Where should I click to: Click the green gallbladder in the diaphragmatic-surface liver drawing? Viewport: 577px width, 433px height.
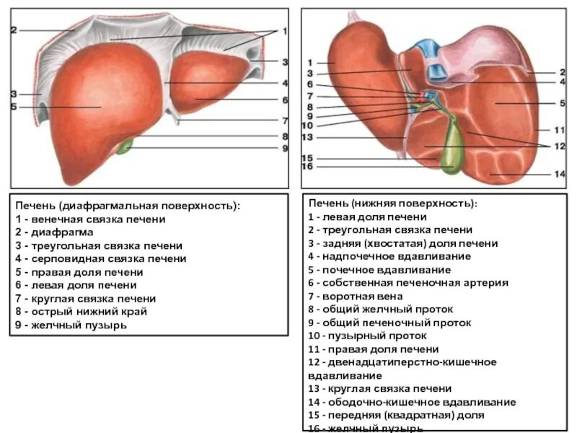click(126, 146)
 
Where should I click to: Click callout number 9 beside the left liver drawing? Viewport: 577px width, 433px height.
click(285, 149)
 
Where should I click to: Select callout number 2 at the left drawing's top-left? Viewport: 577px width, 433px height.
click(14, 30)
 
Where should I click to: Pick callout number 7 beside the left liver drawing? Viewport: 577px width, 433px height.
click(285, 121)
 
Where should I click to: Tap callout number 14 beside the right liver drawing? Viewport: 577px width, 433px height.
click(560, 174)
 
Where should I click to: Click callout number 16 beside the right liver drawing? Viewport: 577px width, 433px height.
click(307, 167)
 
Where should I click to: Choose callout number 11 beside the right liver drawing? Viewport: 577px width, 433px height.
click(559, 131)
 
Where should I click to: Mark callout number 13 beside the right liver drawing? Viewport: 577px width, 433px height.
click(307, 137)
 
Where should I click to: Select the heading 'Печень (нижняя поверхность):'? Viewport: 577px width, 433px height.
click(392, 204)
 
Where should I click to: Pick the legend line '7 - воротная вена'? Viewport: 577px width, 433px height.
click(355, 296)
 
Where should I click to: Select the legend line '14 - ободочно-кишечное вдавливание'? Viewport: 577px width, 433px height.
click(412, 402)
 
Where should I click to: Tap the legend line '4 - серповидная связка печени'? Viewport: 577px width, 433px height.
click(100, 258)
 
